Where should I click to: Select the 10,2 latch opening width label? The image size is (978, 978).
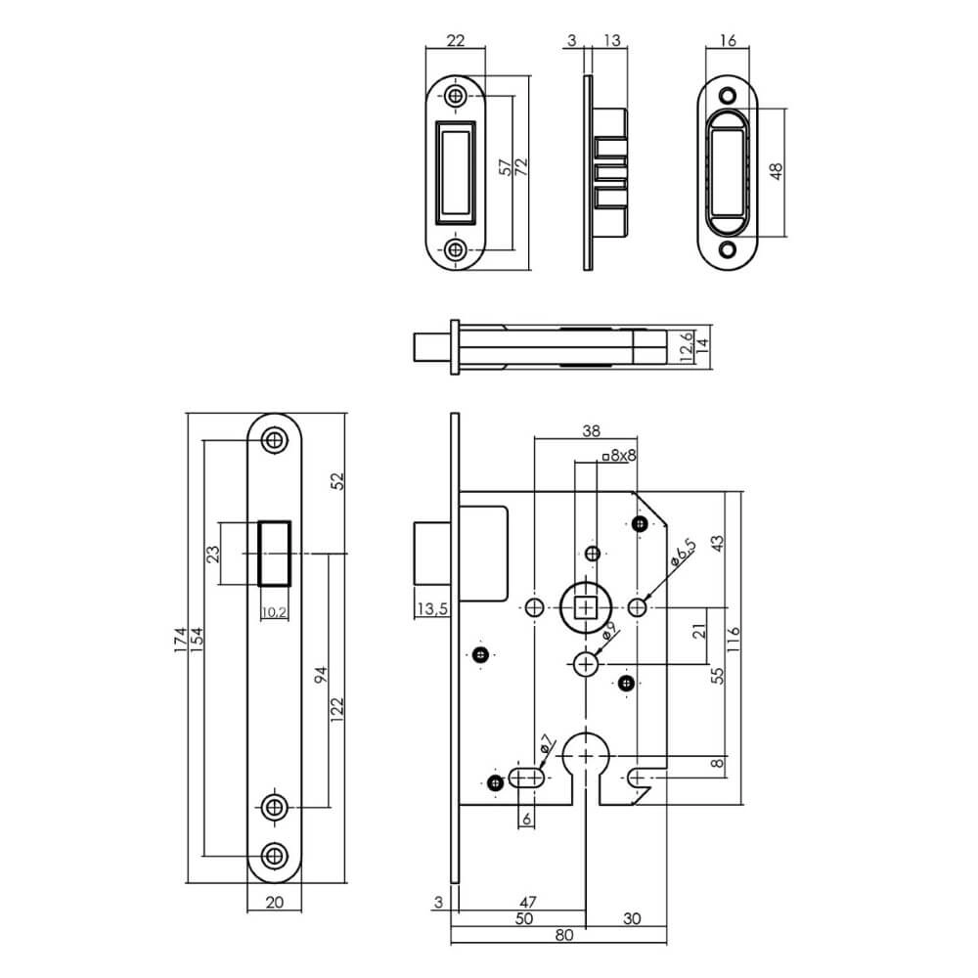tap(274, 613)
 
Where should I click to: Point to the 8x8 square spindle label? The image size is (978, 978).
tap(620, 455)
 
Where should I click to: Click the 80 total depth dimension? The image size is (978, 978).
tap(563, 935)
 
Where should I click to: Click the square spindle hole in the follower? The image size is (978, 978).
tap(586, 608)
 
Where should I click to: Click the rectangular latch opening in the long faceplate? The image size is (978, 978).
tap(274, 554)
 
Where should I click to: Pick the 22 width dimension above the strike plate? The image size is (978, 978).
tap(455, 40)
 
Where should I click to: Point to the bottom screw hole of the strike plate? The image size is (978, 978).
tap(456, 249)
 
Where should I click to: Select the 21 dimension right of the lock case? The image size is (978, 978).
tap(698, 632)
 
